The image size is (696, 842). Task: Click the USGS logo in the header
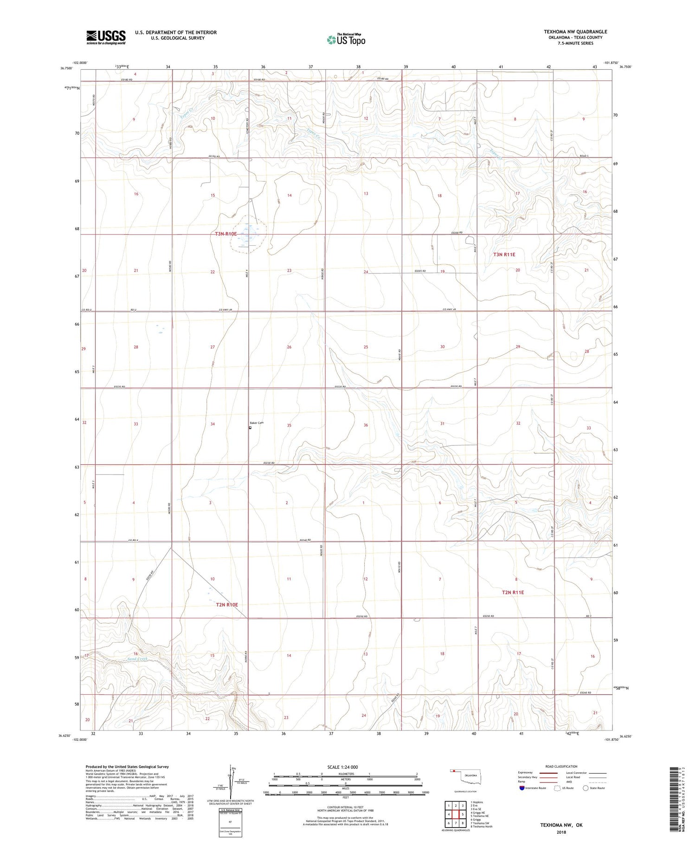(x=106, y=37)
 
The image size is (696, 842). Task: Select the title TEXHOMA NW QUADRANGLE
(x=575, y=32)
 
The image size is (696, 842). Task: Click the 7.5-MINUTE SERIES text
(x=575, y=43)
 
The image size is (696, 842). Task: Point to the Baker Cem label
(x=257, y=423)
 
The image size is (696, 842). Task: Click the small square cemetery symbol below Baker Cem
(x=250, y=428)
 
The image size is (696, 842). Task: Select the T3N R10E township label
(x=226, y=234)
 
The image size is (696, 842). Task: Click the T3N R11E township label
(x=504, y=255)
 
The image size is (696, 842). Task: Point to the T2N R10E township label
(x=227, y=605)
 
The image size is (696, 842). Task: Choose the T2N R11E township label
(x=513, y=592)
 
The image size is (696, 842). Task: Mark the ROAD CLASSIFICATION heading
(x=561, y=766)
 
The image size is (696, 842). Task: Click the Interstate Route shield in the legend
(x=522, y=788)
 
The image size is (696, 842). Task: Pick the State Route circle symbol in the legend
(x=586, y=788)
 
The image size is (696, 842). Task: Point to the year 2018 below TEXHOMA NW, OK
(x=561, y=832)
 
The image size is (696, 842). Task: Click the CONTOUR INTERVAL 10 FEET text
(x=345, y=807)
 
